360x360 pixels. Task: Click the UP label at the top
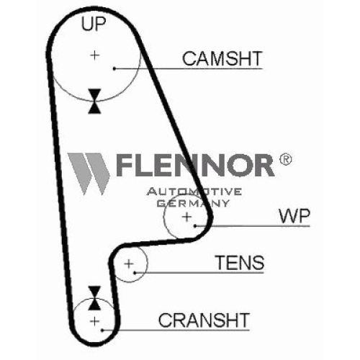point(94,24)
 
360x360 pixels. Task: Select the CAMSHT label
point(222,58)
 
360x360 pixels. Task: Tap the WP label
point(294,216)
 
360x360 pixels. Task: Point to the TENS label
point(240,262)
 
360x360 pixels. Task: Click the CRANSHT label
point(204,320)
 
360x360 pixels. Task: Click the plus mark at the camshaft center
point(95,55)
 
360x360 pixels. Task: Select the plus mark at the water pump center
point(186,217)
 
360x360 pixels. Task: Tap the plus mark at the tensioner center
point(129,264)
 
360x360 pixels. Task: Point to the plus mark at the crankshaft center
point(95,321)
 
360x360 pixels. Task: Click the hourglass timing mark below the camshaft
point(94,101)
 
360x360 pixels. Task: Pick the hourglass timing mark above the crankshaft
point(94,298)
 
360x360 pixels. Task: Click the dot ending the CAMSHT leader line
point(114,68)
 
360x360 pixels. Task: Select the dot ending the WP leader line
point(195,226)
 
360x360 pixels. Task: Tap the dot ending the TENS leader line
point(135,273)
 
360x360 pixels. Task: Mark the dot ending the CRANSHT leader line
point(102,330)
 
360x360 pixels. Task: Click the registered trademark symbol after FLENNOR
point(286,159)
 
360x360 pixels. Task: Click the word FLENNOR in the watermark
point(195,165)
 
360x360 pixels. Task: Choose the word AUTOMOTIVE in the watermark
point(194,192)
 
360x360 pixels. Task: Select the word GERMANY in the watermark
point(193,203)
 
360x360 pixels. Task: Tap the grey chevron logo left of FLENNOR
point(89,174)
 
